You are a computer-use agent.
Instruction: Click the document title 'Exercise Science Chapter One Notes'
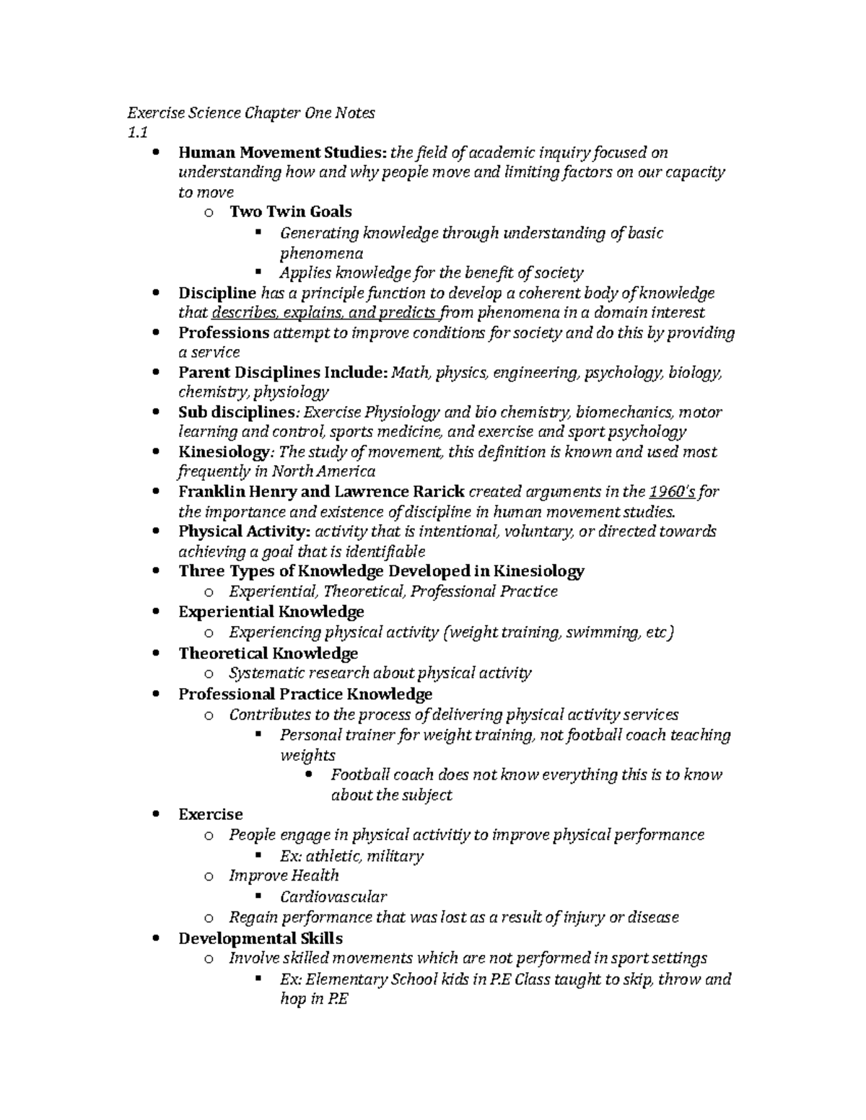(x=251, y=113)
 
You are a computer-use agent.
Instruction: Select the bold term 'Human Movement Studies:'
(x=283, y=153)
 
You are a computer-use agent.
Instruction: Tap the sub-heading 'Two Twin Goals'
(x=290, y=212)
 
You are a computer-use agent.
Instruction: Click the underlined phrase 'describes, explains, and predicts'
(x=324, y=313)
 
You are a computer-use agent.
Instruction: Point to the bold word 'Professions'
(x=224, y=333)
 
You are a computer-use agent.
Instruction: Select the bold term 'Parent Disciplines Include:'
(x=283, y=373)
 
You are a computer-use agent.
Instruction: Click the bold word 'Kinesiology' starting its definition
(x=223, y=452)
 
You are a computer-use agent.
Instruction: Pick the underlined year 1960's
(x=672, y=492)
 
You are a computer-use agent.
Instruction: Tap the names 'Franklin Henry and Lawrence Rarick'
(x=321, y=492)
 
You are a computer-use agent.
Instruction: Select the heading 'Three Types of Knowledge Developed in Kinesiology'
(x=381, y=571)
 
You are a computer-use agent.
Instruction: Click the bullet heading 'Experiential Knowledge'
(x=271, y=612)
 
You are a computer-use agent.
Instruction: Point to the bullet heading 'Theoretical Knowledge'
(x=268, y=653)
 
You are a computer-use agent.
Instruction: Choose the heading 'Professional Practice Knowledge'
(x=305, y=695)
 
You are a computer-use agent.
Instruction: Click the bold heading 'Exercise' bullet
(x=210, y=814)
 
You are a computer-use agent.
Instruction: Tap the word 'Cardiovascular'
(x=333, y=897)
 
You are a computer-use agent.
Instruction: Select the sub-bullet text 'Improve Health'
(x=284, y=876)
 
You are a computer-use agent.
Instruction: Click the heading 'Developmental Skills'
(x=260, y=938)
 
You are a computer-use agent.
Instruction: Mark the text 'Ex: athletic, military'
(x=351, y=856)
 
